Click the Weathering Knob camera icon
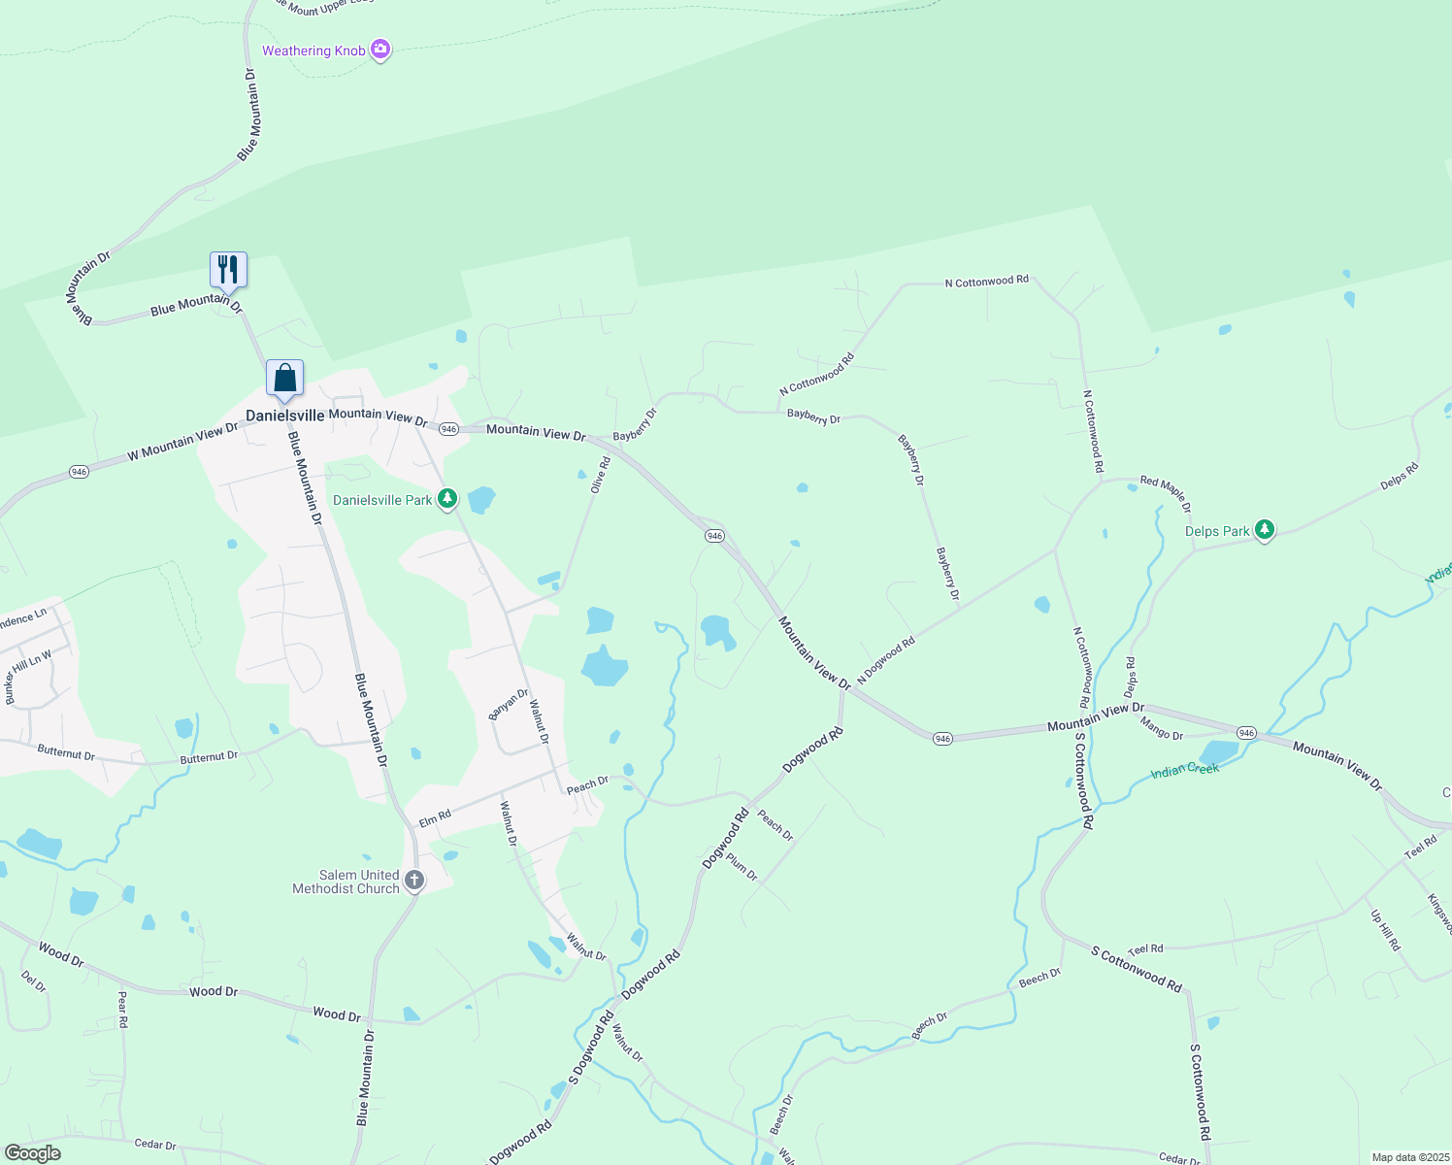point(380,50)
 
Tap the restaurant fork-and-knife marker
point(228,269)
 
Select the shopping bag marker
point(284,377)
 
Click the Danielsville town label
point(284,416)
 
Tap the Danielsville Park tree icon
point(446,499)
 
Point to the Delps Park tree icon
point(1264,530)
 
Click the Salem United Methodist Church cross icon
point(413,881)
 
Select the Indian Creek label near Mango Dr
point(1184,770)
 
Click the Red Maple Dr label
point(1165,492)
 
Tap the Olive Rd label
point(602,475)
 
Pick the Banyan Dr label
point(508,704)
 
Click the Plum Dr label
point(742,867)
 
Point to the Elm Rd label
point(435,817)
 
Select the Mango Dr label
point(1161,728)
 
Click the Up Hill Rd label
point(1385,930)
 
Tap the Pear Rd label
point(122,1009)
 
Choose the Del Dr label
point(33,982)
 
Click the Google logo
point(32,1153)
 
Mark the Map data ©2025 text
point(1408,1157)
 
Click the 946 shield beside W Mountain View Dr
point(79,472)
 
